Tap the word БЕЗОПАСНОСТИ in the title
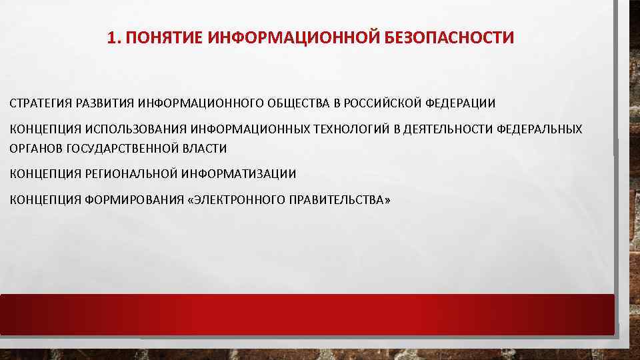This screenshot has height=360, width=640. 449,38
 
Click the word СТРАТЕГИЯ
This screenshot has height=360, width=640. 39,103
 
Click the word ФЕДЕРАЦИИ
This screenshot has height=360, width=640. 461,103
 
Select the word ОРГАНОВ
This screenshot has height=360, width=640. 35,148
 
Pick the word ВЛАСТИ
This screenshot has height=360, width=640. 205,148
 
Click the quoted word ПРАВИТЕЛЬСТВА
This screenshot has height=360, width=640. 339,199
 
